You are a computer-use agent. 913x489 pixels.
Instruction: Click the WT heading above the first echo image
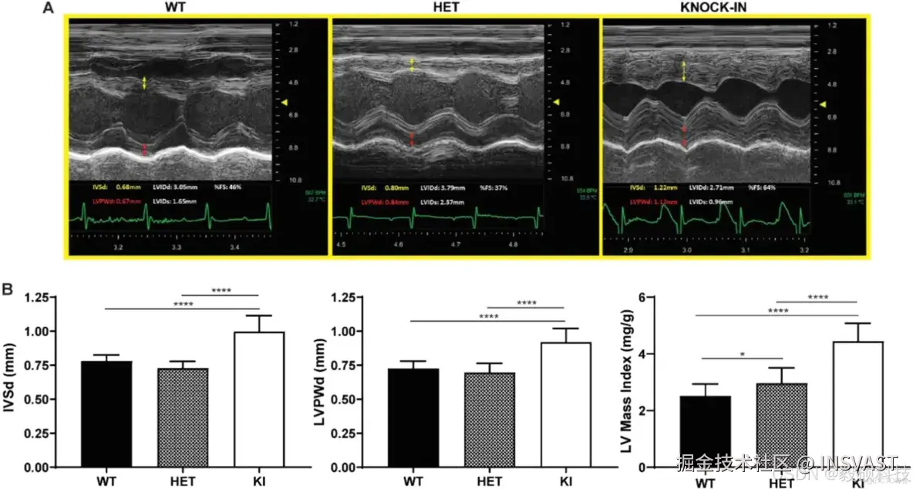coord(179,8)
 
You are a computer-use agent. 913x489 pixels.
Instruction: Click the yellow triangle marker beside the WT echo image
coord(285,102)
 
